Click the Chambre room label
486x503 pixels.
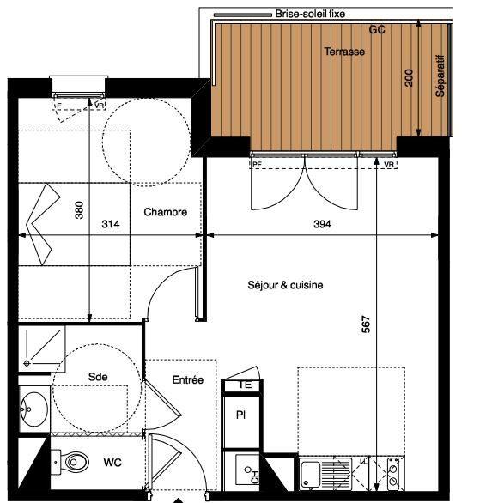click(166, 212)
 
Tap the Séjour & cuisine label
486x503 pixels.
click(285, 285)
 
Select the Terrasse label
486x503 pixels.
click(344, 52)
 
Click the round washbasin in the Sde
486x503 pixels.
click(33, 409)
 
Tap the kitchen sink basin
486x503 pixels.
click(311, 474)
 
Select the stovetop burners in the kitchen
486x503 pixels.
click(393, 474)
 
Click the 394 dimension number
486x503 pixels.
click(322, 224)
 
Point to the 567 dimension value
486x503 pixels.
click(366, 324)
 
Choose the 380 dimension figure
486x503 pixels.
click(79, 210)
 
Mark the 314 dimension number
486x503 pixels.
click(111, 224)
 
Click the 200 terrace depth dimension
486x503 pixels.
click(409, 77)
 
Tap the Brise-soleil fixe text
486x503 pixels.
click(310, 14)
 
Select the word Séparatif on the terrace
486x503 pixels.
click(440, 76)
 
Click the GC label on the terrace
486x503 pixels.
click(377, 29)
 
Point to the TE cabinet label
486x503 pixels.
click(245, 385)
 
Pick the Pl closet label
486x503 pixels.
click(240, 415)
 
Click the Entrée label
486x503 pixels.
click(188, 379)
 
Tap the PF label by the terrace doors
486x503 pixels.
click(257, 164)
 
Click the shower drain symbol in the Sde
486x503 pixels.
click(27, 363)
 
